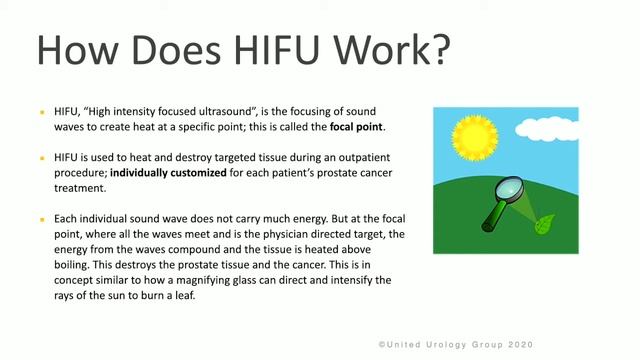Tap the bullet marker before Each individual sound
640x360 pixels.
click(x=42, y=219)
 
